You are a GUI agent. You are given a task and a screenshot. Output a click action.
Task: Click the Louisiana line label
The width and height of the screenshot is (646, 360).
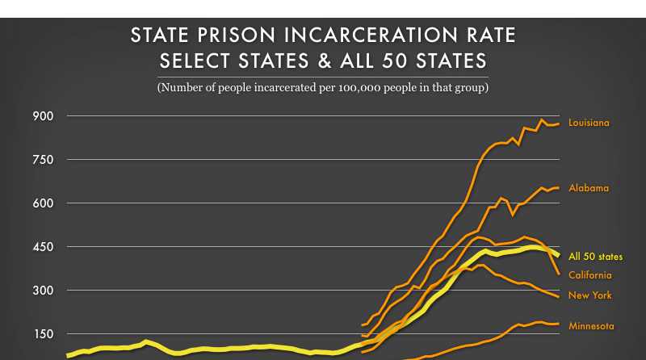click(589, 123)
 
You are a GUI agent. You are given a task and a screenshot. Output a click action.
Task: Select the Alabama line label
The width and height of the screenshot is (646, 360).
click(589, 188)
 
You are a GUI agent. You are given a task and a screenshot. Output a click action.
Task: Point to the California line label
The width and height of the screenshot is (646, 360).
click(589, 276)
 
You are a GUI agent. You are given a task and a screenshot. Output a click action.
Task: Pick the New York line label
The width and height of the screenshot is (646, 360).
click(589, 295)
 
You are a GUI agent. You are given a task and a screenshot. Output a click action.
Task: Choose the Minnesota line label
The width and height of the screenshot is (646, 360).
click(591, 326)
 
